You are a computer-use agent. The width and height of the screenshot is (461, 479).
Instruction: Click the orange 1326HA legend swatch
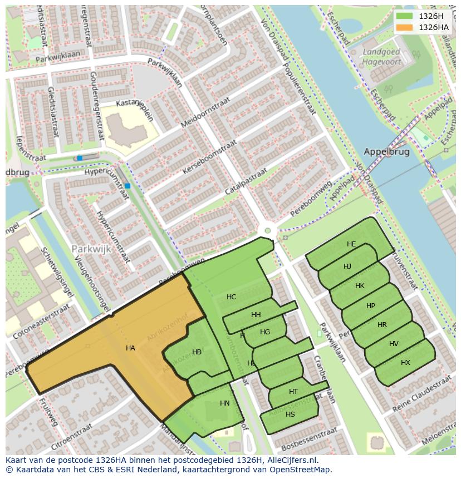[x=405, y=27]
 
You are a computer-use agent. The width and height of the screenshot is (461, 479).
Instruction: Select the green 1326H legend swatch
[x=405, y=16]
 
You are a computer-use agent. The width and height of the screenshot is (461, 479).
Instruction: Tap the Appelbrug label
[x=386, y=151]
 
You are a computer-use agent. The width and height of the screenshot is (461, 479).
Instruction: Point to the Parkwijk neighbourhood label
[x=91, y=249]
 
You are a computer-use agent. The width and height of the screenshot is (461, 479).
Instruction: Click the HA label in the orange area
[x=130, y=348]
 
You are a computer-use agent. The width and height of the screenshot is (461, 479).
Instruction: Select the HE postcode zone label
[x=351, y=244]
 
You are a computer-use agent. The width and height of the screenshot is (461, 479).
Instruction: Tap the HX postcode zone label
[x=405, y=363]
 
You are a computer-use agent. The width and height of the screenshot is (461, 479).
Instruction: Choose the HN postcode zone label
[x=225, y=403]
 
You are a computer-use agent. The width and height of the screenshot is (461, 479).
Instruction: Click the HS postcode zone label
[x=290, y=414]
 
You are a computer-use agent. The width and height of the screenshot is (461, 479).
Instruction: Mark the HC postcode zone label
[x=232, y=297]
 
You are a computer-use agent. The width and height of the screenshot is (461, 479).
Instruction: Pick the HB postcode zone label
[x=197, y=352]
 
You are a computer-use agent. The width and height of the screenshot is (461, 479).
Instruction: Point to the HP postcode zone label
[x=371, y=306]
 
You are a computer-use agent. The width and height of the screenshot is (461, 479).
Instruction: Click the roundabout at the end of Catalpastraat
[x=268, y=230]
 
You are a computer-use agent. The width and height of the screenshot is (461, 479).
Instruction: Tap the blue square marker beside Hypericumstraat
[x=127, y=186]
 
